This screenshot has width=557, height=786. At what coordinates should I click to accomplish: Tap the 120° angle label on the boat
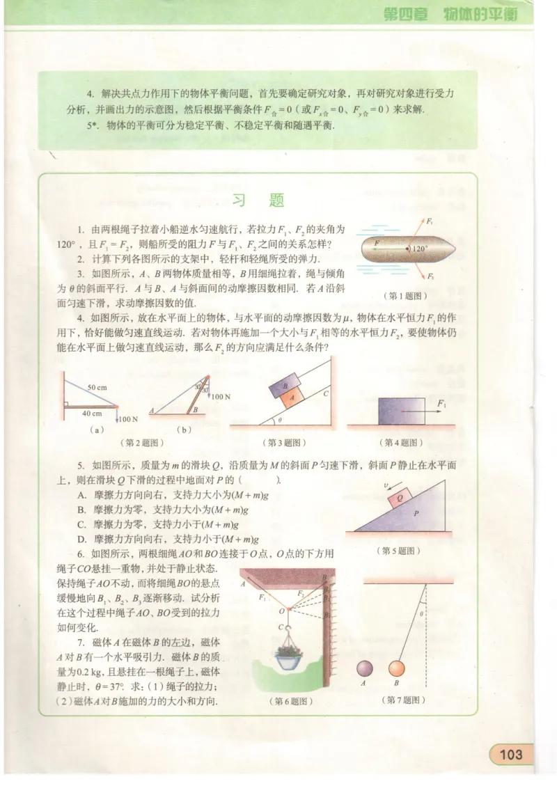[x=419, y=248]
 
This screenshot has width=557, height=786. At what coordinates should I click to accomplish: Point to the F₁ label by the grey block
[x=441, y=403]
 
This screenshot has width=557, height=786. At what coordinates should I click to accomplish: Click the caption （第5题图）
[x=400, y=551]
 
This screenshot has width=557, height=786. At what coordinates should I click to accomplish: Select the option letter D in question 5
[x=81, y=539]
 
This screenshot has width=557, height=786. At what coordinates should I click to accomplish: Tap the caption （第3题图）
[x=284, y=442]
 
